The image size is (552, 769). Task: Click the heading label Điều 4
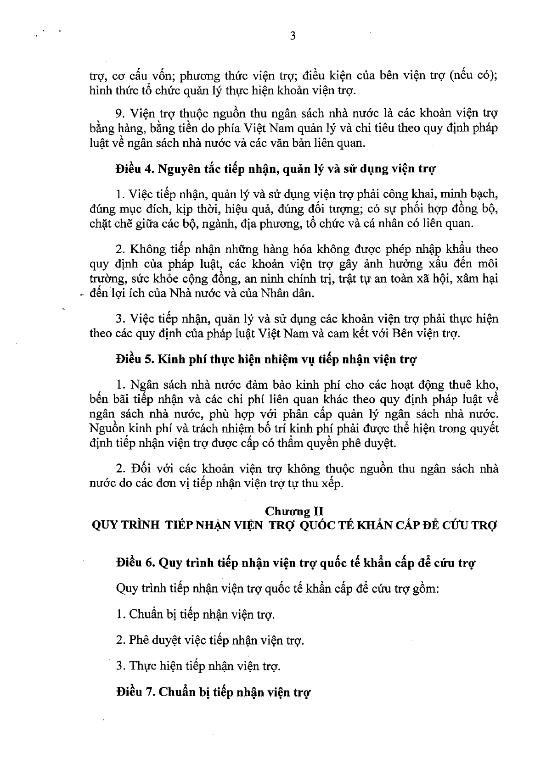(135, 168)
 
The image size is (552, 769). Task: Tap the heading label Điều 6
(135, 563)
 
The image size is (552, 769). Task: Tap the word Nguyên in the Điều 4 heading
(176, 168)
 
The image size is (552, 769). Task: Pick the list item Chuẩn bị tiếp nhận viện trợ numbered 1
(196, 614)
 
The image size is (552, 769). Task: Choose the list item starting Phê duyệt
(210, 640)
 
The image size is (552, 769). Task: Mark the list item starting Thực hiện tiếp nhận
(198, 666)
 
